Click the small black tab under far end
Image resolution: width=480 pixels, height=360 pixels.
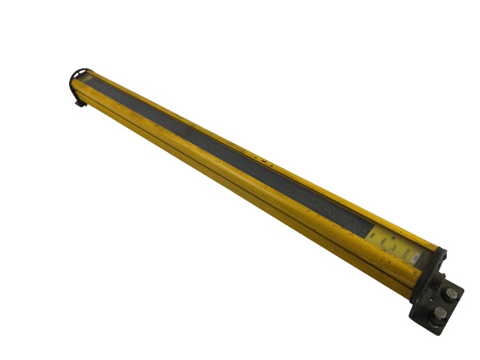tap(79, 103)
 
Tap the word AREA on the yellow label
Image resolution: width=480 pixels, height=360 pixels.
tap(383, 242)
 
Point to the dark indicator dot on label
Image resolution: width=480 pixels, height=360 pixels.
tap(393, 238)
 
